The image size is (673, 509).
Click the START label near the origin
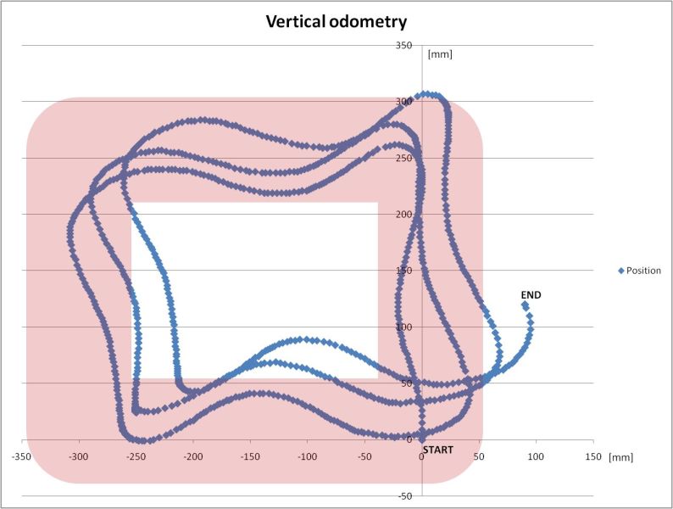click(437, 449)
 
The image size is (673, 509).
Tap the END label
click(531, 294)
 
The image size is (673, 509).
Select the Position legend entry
click(640, 271)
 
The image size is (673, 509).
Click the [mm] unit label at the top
click(440, 55)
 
